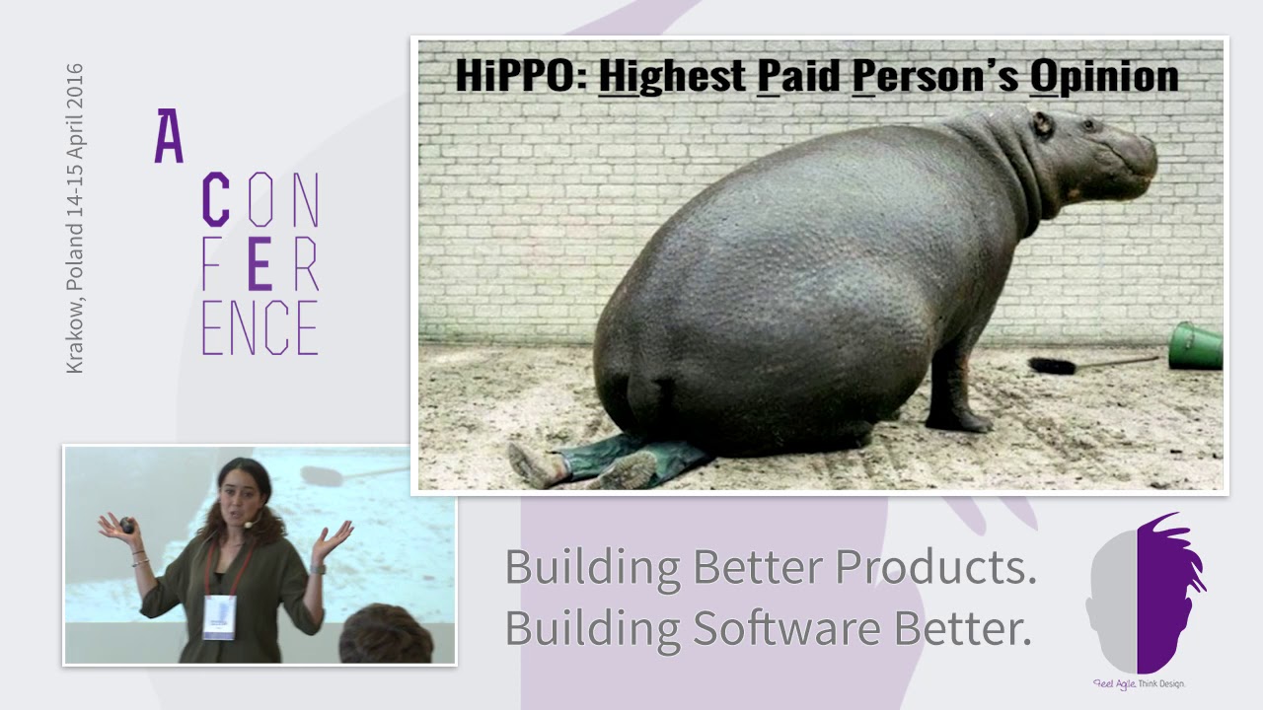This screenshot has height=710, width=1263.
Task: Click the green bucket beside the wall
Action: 1196,346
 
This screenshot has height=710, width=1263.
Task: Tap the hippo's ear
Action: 1042,125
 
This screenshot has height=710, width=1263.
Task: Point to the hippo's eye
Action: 1088,125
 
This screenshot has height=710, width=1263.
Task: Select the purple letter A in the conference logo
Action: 169,137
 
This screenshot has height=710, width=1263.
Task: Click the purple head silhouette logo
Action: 1145,592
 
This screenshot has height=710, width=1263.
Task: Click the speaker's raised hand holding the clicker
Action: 124,528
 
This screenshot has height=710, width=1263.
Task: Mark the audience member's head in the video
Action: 386,636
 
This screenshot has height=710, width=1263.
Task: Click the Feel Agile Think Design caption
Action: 1138,683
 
